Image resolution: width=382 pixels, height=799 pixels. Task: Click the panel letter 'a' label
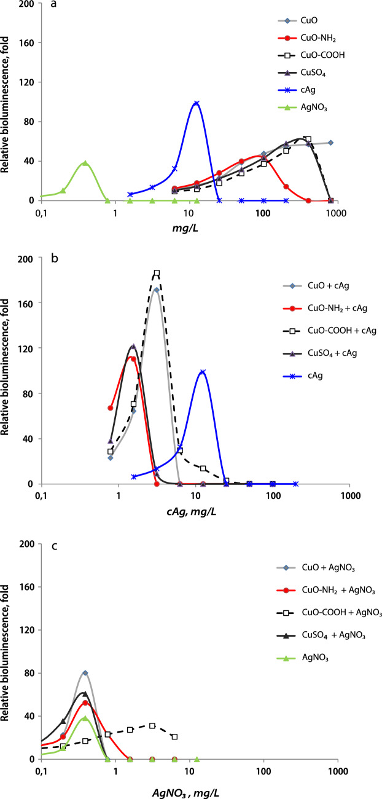53,7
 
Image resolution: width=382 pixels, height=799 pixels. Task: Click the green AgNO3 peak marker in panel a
85,163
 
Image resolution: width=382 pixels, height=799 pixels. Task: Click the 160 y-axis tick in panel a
26,43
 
